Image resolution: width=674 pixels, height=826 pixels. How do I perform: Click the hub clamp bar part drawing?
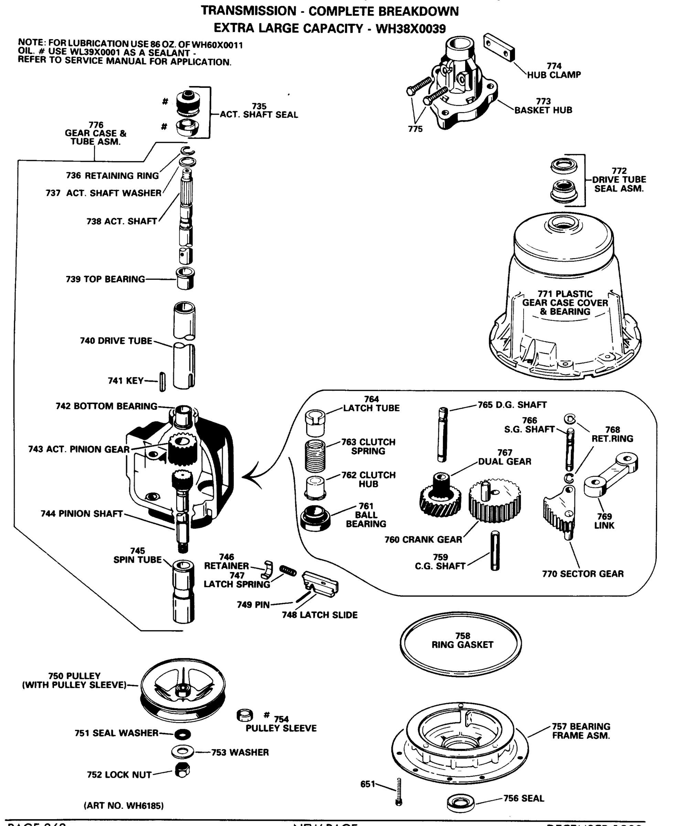pyautogui.click(x=499, y=47)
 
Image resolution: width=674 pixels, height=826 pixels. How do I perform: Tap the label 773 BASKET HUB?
pyautogui.click(x=543, y=106)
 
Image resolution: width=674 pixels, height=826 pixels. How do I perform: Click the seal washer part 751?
pyautogui.click(x=182, y=734)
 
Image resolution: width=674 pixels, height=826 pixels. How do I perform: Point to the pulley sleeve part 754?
pyautogui.click(x=245, y=715)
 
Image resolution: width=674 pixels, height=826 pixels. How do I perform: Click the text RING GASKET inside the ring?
pyautogui.click(x=462, y=645)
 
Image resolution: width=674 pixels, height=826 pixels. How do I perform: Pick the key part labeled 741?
pyautogui.click(x=162, y=382)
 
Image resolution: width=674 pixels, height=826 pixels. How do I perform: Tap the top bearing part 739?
pyautogui.click(x=185, y=278)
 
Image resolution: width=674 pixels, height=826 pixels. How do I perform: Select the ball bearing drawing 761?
pyautogui.click(x=315, y=518)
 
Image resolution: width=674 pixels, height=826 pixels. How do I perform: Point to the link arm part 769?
pyautogui.click(x=611, y=475)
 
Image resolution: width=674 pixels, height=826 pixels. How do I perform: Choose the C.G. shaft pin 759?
pyautogui.click(x=495, y=551)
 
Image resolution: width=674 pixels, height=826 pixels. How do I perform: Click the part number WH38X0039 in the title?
pyautogui.click(x=410, y=29)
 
